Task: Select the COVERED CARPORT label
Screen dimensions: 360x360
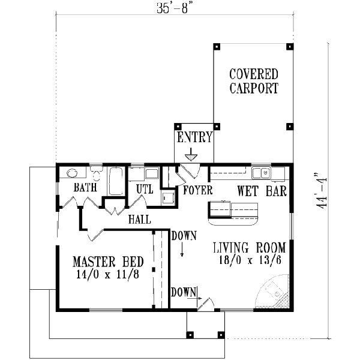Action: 254,82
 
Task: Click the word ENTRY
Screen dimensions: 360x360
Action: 194,138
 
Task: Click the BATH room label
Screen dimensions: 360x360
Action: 85,188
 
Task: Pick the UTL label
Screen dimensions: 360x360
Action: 145,189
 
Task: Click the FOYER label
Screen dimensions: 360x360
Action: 196,192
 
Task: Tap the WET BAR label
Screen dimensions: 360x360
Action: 262,192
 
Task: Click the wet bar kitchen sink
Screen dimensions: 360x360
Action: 260,173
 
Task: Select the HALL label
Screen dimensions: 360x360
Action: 139,220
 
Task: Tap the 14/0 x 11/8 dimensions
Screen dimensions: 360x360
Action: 108,275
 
